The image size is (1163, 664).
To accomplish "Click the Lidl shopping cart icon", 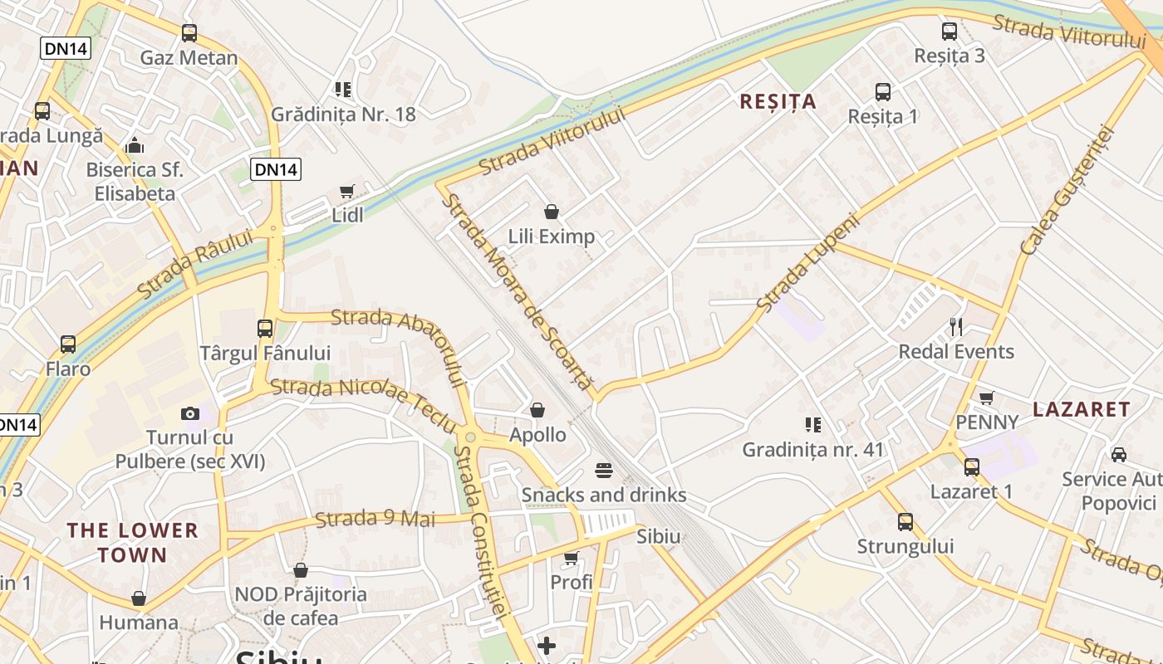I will click(x=347, y=192).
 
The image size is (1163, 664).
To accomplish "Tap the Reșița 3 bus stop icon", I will click(x=950, y=32).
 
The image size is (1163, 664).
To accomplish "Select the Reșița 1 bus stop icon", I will click(x=883, y=92).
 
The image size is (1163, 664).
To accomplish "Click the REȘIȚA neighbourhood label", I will click(x=778, y=102).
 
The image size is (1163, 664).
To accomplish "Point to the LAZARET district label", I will click(x=1082, y=409).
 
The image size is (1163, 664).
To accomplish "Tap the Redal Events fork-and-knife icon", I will click(x=956, y=327).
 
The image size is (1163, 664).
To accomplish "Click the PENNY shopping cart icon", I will click(x=987, y=398).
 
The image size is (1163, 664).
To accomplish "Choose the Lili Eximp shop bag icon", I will click(x=551, y=212).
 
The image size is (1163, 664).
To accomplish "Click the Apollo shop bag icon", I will click(x=537, y=410).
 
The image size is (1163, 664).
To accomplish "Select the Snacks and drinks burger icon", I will click(x=604, y=471).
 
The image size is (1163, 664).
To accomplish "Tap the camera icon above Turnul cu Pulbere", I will click(x=190, y=413).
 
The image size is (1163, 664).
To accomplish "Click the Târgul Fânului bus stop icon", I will click(x=265, y=329).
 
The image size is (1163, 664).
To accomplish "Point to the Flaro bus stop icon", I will click(x=68, y=344).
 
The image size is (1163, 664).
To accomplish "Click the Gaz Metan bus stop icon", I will click(x=189, y=33).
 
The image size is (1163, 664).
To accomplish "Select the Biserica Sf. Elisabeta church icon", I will click(x=135, y=146).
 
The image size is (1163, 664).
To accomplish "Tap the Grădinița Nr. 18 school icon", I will click(x=343, y=89).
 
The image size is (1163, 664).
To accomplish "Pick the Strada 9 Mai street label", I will click(x=375, y=520).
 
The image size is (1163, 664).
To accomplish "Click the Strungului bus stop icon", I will click(x=905, y=522).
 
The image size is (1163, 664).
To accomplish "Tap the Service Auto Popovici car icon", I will click(x=1119, y=454).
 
